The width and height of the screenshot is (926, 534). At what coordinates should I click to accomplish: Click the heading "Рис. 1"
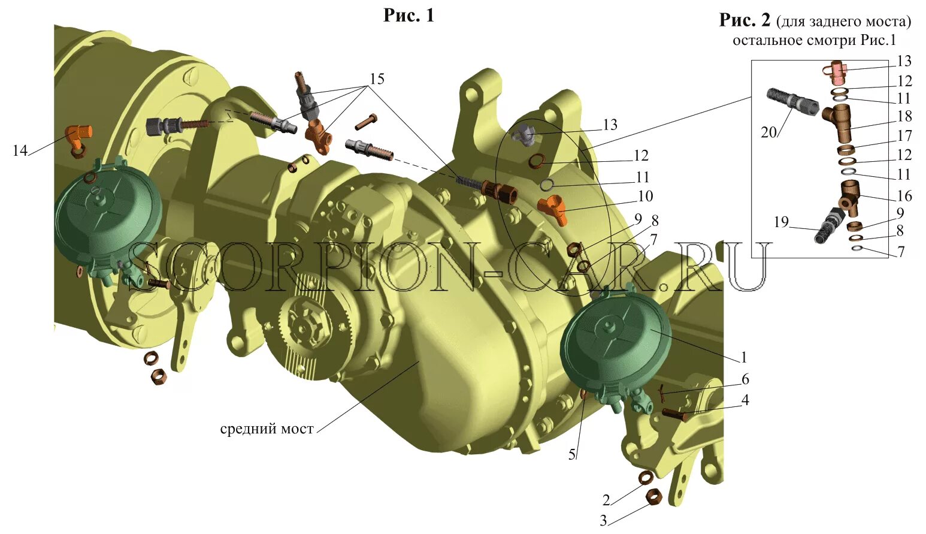408,16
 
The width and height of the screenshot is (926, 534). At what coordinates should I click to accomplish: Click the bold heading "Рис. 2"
745,20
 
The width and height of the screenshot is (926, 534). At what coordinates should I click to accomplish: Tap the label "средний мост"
267,429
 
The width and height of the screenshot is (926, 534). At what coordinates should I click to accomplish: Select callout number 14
20,150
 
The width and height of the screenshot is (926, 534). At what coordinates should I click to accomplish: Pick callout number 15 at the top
377,79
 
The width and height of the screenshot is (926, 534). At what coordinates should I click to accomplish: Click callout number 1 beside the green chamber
744,357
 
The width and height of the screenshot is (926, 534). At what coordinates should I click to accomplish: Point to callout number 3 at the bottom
603,520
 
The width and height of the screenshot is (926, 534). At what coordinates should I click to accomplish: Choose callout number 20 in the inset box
768,132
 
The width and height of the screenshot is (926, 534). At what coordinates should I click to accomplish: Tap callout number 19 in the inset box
781,222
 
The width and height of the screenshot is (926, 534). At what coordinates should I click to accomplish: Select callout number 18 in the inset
904,116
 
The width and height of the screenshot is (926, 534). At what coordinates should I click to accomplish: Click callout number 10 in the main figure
645,196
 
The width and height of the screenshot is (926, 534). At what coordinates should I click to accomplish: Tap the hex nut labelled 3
653,496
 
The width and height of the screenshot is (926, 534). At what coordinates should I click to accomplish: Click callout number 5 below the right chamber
572,455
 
